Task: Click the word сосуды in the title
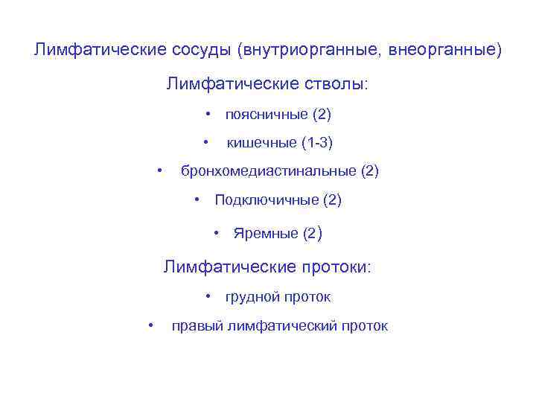click(196, 51)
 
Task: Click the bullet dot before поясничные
click(209, 114)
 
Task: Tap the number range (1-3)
click(318, 142)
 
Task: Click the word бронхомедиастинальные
click(269, 171)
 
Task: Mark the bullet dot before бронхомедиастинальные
click(160, 170)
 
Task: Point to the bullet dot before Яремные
click(217, 233)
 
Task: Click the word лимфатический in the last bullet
click(281, 326)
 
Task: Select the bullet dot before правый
click(151, 325)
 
